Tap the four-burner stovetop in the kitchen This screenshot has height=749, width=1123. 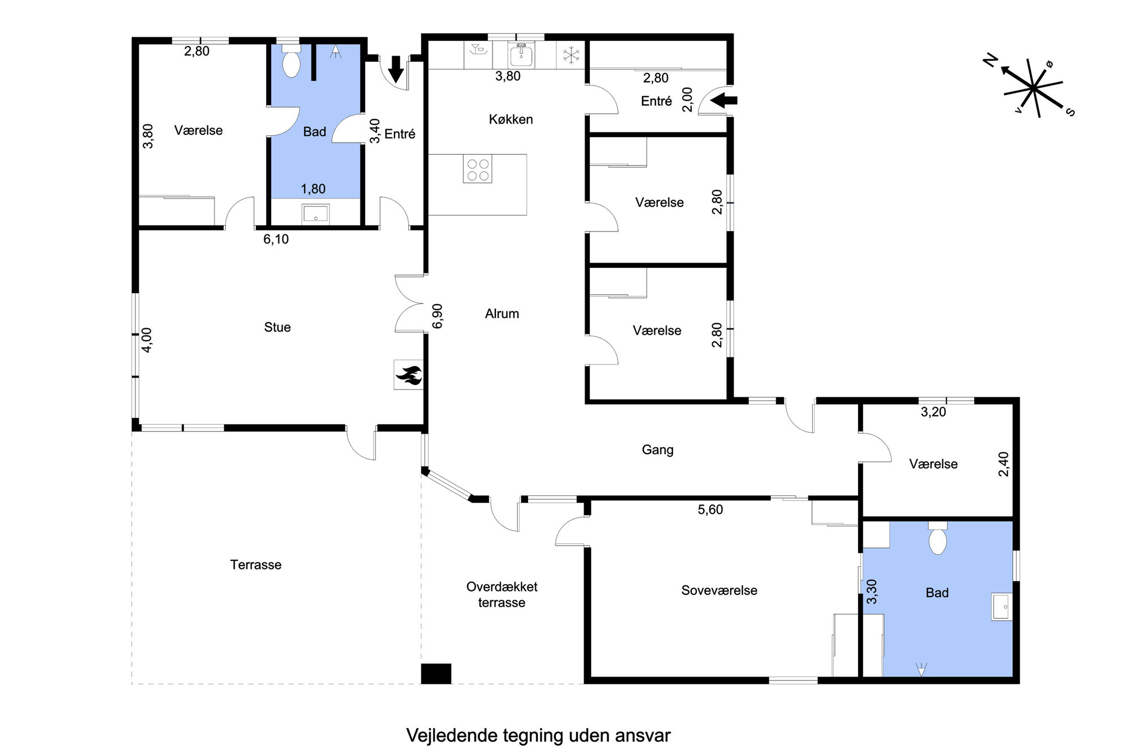pos(478,169)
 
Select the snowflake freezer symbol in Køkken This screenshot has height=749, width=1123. pos(571,55)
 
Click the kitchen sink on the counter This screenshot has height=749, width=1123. pos(521,55)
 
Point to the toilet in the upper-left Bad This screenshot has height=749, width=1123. pos(291,63)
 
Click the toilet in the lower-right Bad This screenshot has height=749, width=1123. pos(938,539)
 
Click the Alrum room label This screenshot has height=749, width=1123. pos(502,314)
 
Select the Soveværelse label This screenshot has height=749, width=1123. pos(719,590)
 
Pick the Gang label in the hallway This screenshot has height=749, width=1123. pos(657,450)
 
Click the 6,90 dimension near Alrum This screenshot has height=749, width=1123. pos(438,316)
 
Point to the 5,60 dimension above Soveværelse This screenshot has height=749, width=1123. pos(710,510)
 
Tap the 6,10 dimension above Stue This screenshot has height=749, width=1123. pos(276,239)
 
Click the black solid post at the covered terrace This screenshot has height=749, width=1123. pos(436,674)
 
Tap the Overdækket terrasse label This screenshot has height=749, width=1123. pos(502,595)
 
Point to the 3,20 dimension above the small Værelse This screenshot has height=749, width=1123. pos(933,412)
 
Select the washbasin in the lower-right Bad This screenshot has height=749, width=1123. pos(1002,606)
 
